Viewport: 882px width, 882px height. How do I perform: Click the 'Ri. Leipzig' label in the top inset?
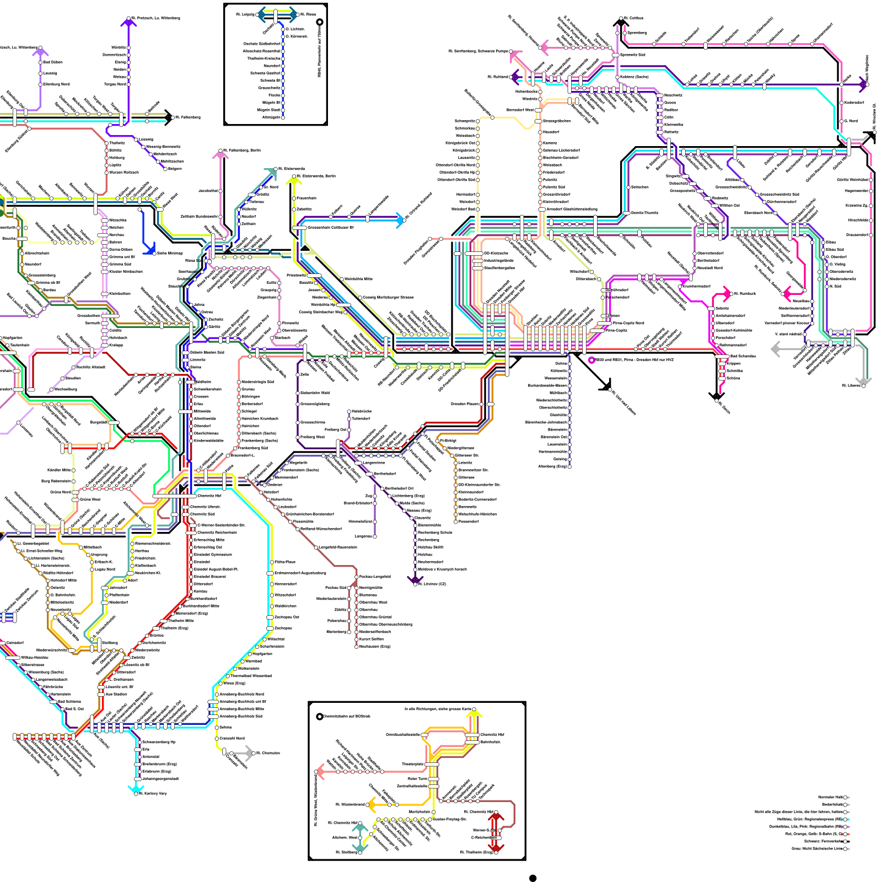coord(245,14)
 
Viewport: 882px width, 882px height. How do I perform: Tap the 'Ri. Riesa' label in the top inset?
coord(308,14)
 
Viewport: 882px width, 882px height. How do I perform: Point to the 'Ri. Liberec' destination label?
coord(852,385)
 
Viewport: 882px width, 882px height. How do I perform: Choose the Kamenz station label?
coord(550,143)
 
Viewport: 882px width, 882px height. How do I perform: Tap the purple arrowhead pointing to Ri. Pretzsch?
coord(128,23)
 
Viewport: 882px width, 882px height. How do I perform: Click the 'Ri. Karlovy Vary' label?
coord(153,793)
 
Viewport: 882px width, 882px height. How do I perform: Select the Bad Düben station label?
coord(53,62)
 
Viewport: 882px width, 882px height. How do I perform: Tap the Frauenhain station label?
coord(306,198)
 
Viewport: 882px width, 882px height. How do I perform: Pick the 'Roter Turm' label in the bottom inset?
coord(417,778)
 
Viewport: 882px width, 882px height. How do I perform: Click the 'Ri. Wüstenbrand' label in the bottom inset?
coord(350,804)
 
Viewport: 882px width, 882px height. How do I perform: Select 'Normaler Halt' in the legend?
coord(831,797)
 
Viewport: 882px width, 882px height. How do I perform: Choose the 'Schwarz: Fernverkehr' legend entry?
coord(824,841)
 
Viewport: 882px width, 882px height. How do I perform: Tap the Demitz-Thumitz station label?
coord(645,213)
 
